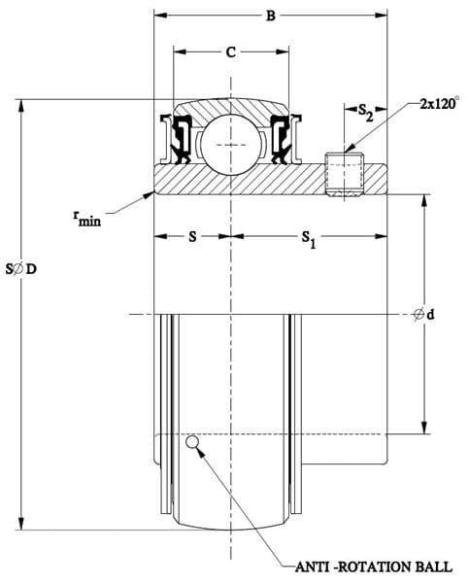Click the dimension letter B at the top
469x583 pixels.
coord(271,16)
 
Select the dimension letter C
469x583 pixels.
coord(231,52)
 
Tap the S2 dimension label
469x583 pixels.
coord(365,113)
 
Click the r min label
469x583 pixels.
coord(87,219)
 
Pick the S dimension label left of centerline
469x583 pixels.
coord(192,236)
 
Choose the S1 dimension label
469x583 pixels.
coord(309,239)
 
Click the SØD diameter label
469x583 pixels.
coord(21,269)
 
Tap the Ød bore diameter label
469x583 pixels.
coord(424,315)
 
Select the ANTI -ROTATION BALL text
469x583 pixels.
coord(374,567)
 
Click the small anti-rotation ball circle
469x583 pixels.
coord(192,442)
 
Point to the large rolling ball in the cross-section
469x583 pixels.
coord(230,145)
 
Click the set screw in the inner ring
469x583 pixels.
coord(345,174)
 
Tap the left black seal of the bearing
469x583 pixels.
coord(182,139)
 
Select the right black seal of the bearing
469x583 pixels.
coord(281,139)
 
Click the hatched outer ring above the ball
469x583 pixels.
coord(230,108)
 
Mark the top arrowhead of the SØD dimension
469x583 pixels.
coord(21,106)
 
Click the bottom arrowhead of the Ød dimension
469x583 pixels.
coord(424,428)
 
